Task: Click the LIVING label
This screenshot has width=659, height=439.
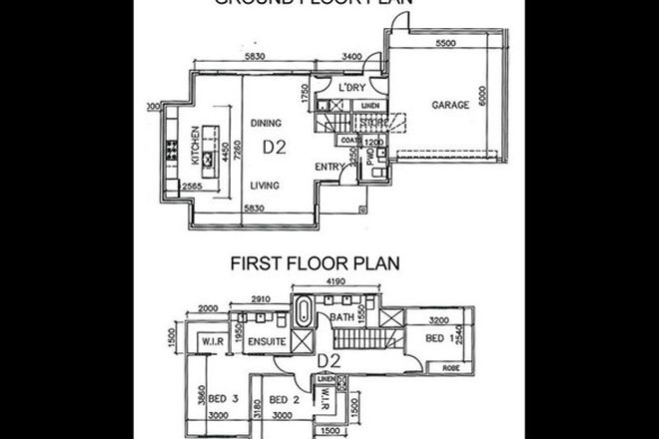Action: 265,185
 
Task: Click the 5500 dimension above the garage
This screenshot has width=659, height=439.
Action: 445,46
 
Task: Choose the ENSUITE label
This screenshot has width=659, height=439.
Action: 268,343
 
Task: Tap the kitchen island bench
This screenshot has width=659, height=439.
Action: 209,145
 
